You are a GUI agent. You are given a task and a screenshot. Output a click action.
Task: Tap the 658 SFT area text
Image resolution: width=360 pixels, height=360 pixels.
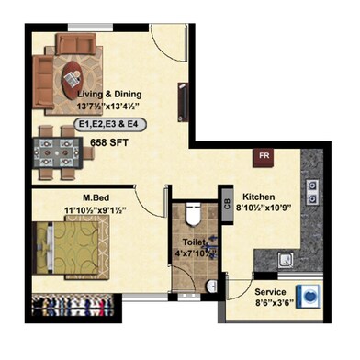109,141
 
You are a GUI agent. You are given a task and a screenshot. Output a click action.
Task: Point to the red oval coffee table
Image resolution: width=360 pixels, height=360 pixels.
71,80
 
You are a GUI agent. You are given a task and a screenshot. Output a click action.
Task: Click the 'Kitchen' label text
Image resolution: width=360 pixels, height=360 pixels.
260,197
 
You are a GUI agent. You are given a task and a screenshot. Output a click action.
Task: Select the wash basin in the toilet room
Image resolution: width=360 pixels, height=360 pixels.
211,284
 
